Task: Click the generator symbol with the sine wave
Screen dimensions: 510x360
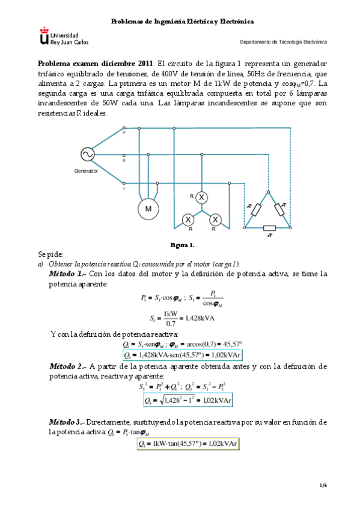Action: tap(86, 154)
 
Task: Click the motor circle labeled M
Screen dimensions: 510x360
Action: tap(148, 209)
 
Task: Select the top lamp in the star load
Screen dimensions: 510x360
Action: tap(202, 197)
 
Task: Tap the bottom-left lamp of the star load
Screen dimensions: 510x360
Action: tap(188, 219)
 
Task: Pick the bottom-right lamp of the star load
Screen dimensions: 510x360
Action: tap(216, 219)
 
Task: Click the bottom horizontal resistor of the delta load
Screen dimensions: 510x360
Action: tap(269, 228)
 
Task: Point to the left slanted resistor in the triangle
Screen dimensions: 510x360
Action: tap(257, 209)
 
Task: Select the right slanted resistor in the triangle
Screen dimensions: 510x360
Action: tap(279, 209)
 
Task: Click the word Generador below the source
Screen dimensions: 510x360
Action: tap(86, 171)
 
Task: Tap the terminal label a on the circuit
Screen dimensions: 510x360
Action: tap(124, 133)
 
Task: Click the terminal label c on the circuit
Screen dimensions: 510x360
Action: tap(124, 188)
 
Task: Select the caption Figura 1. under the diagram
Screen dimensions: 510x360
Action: tap(182, 245)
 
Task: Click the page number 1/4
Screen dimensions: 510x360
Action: tap(323, 485)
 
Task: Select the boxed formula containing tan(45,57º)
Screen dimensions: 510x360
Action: tap(188, 444)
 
